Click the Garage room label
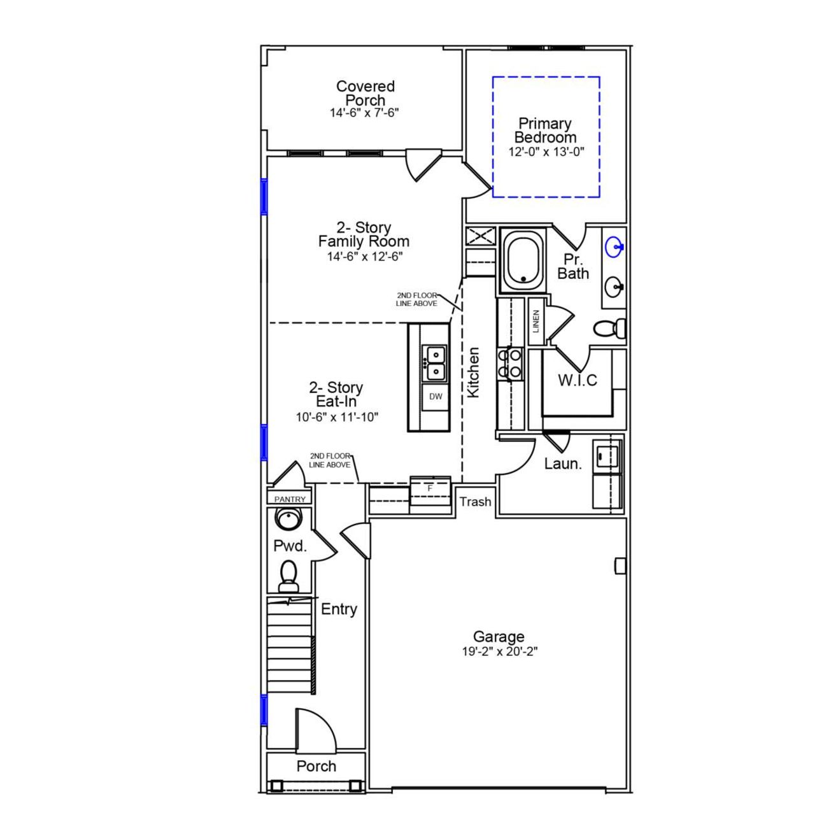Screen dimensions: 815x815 499,636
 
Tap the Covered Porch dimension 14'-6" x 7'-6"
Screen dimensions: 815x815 365,113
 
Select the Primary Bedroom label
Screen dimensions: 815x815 545,131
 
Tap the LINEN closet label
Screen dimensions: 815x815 536,322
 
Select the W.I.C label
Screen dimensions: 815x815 578,381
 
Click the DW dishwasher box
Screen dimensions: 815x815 436,397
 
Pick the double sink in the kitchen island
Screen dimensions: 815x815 436,362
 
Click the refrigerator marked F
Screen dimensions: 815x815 430,488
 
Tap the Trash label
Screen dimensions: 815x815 476,502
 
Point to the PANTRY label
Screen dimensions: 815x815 290,500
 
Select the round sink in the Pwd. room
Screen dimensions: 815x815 290,518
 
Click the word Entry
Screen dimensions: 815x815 339,609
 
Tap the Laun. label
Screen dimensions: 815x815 563,464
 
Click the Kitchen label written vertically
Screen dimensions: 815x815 473,372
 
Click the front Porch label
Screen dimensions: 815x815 316,767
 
